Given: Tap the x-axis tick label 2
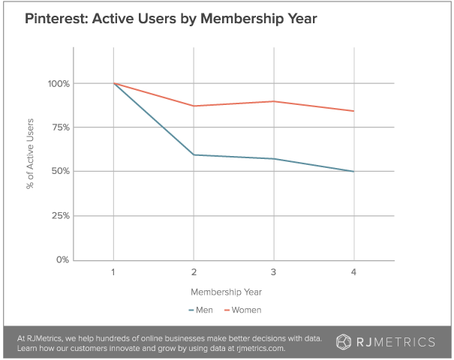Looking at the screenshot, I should [x=193, y=271].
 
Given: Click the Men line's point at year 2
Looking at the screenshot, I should [x=193, y=154].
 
